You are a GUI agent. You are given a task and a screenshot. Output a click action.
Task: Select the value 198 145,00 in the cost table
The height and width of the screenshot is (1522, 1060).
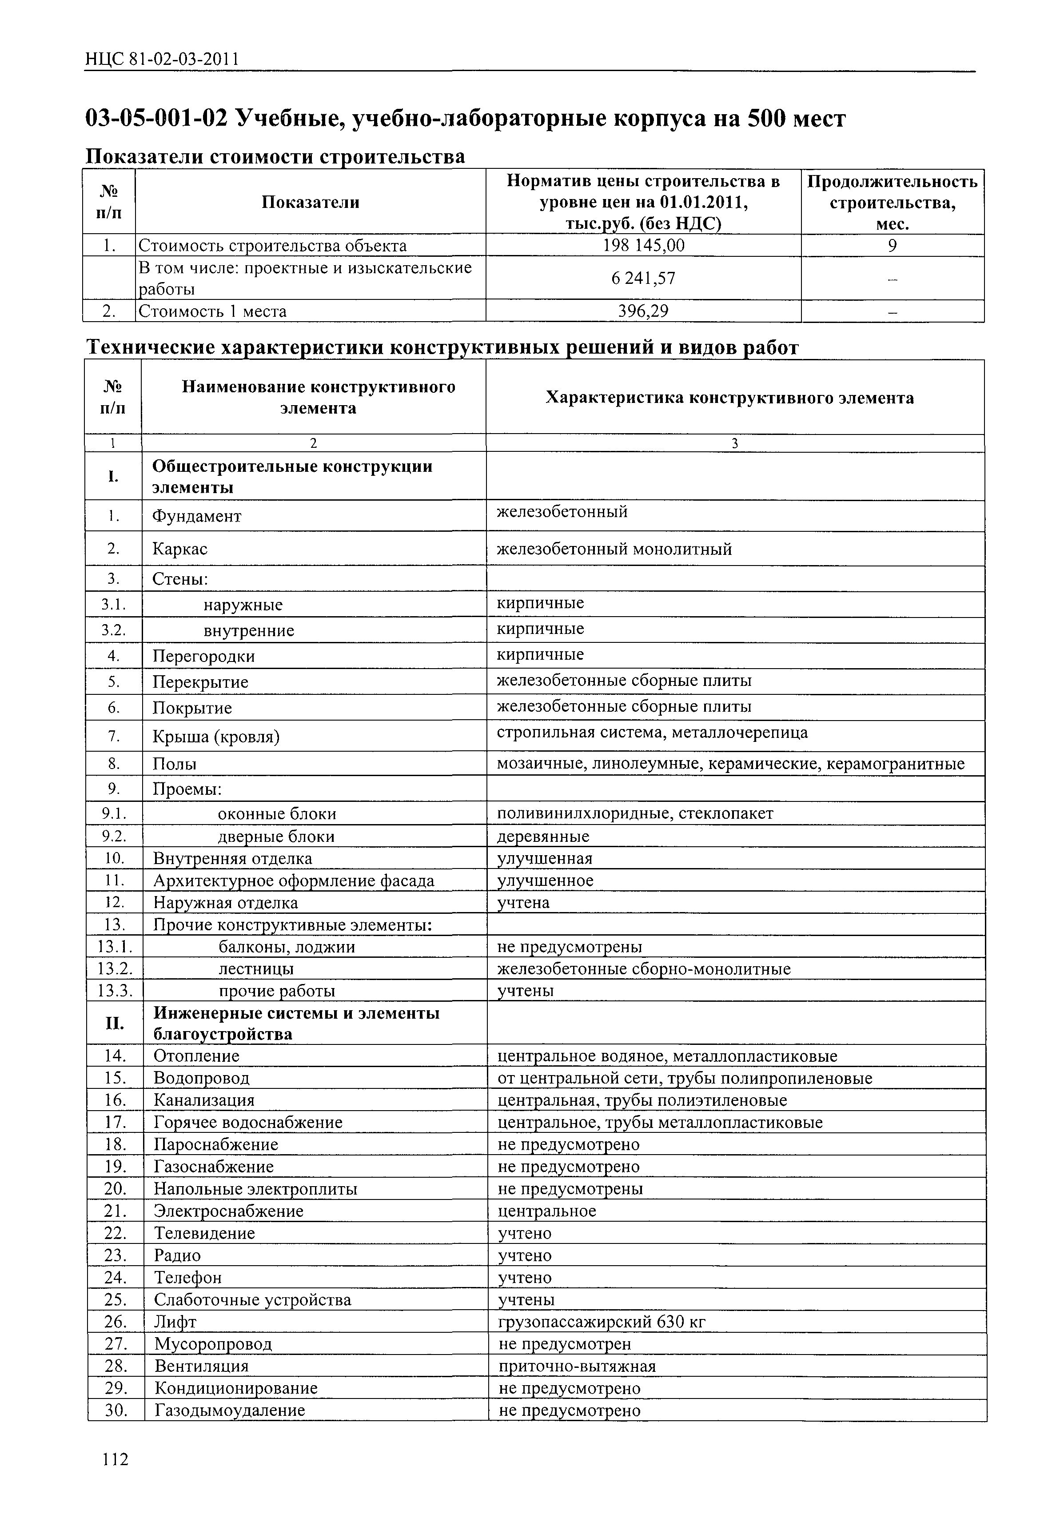coord(643,246)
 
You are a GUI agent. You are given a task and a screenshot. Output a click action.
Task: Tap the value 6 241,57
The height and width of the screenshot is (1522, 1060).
coord(643,279)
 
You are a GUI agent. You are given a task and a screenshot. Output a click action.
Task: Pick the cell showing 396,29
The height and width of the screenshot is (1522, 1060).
coord(643,311)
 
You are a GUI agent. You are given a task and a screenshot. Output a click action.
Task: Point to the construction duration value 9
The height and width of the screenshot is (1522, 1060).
coord(892,246)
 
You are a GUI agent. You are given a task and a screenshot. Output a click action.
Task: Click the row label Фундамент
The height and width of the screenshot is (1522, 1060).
coord(197,516)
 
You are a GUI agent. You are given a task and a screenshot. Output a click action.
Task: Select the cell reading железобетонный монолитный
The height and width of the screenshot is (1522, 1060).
coord(614,549)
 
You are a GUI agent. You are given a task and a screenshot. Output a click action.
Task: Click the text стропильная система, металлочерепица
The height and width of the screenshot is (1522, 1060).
coord(652,733)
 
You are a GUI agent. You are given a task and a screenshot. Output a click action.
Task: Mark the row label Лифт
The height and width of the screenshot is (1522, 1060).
coord(175,1322)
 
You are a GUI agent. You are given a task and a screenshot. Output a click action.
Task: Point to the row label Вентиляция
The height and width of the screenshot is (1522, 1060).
coord(202,1366)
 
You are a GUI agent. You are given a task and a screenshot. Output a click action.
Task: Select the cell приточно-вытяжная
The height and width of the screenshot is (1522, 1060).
coord(577,1366)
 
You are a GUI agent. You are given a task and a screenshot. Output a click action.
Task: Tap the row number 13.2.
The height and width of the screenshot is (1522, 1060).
coord(115,969)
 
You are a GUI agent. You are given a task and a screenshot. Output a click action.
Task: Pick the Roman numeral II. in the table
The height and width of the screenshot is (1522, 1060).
coord(115,1024)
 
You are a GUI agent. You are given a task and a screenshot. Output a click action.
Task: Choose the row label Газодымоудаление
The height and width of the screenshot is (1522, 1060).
coord(229,1410)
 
